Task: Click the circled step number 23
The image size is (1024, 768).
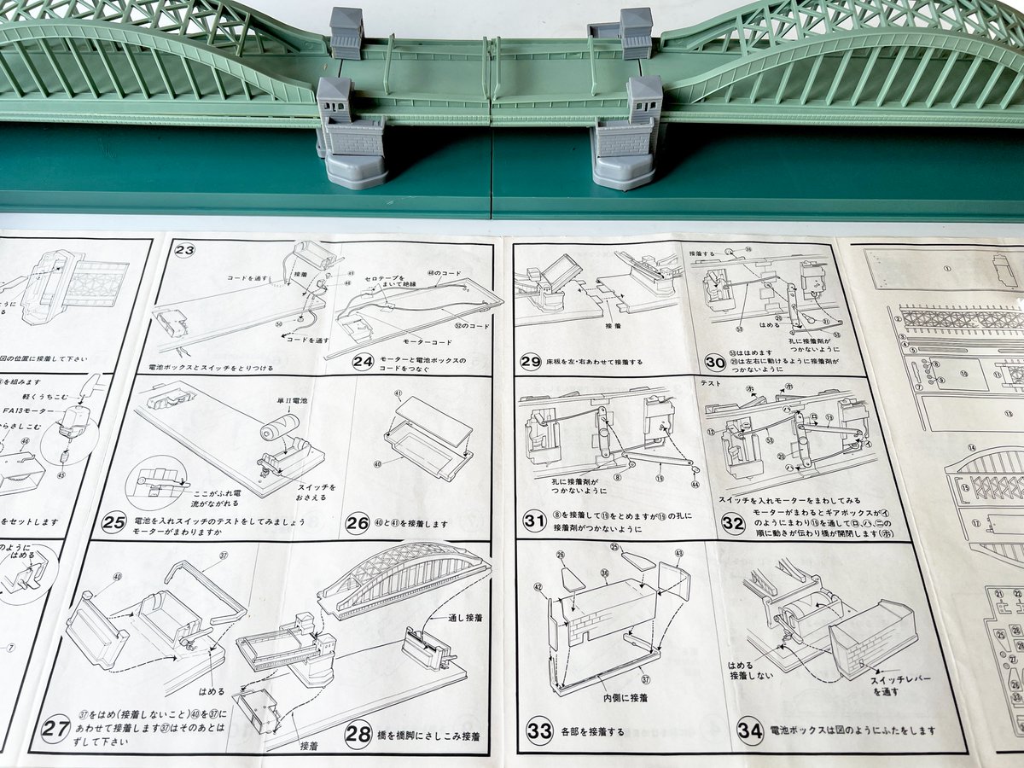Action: coord(185,250)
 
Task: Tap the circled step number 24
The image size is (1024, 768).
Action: coord(364,362)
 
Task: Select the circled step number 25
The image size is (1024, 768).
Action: coord(113,523)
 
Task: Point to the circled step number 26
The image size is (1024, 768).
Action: coord(357,523)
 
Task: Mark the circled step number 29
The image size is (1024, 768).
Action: coord(531,362)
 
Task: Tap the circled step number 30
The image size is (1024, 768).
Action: coord(715,362)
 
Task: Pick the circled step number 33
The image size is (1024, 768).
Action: coord(539,730)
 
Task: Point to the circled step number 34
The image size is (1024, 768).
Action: coord(749,731)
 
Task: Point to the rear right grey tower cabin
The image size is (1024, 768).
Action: coord(635,32)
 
